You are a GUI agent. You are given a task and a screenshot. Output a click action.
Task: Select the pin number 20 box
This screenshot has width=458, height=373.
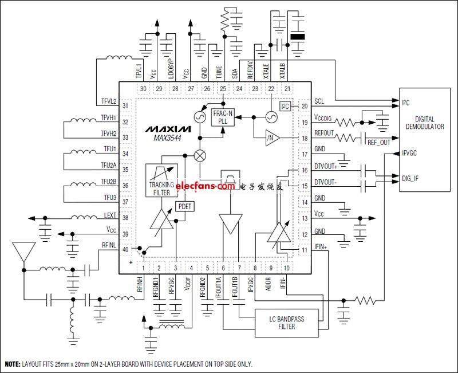click(x=304, y=107)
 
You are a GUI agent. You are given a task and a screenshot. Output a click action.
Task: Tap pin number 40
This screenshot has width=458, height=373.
click(x=125, y=250)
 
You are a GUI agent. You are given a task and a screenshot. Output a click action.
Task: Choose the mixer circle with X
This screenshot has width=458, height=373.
click(x=200, y=155)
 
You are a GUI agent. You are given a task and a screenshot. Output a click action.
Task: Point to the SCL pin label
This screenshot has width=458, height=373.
click(x=319, y=101)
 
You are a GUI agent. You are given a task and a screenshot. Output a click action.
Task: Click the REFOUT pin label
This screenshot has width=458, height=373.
click(x=324, y=132)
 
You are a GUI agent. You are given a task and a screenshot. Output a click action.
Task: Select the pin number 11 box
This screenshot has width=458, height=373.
click(x=304, y=250)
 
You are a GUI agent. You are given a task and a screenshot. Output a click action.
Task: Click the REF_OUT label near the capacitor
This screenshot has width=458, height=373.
click(x=378, y=142)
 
